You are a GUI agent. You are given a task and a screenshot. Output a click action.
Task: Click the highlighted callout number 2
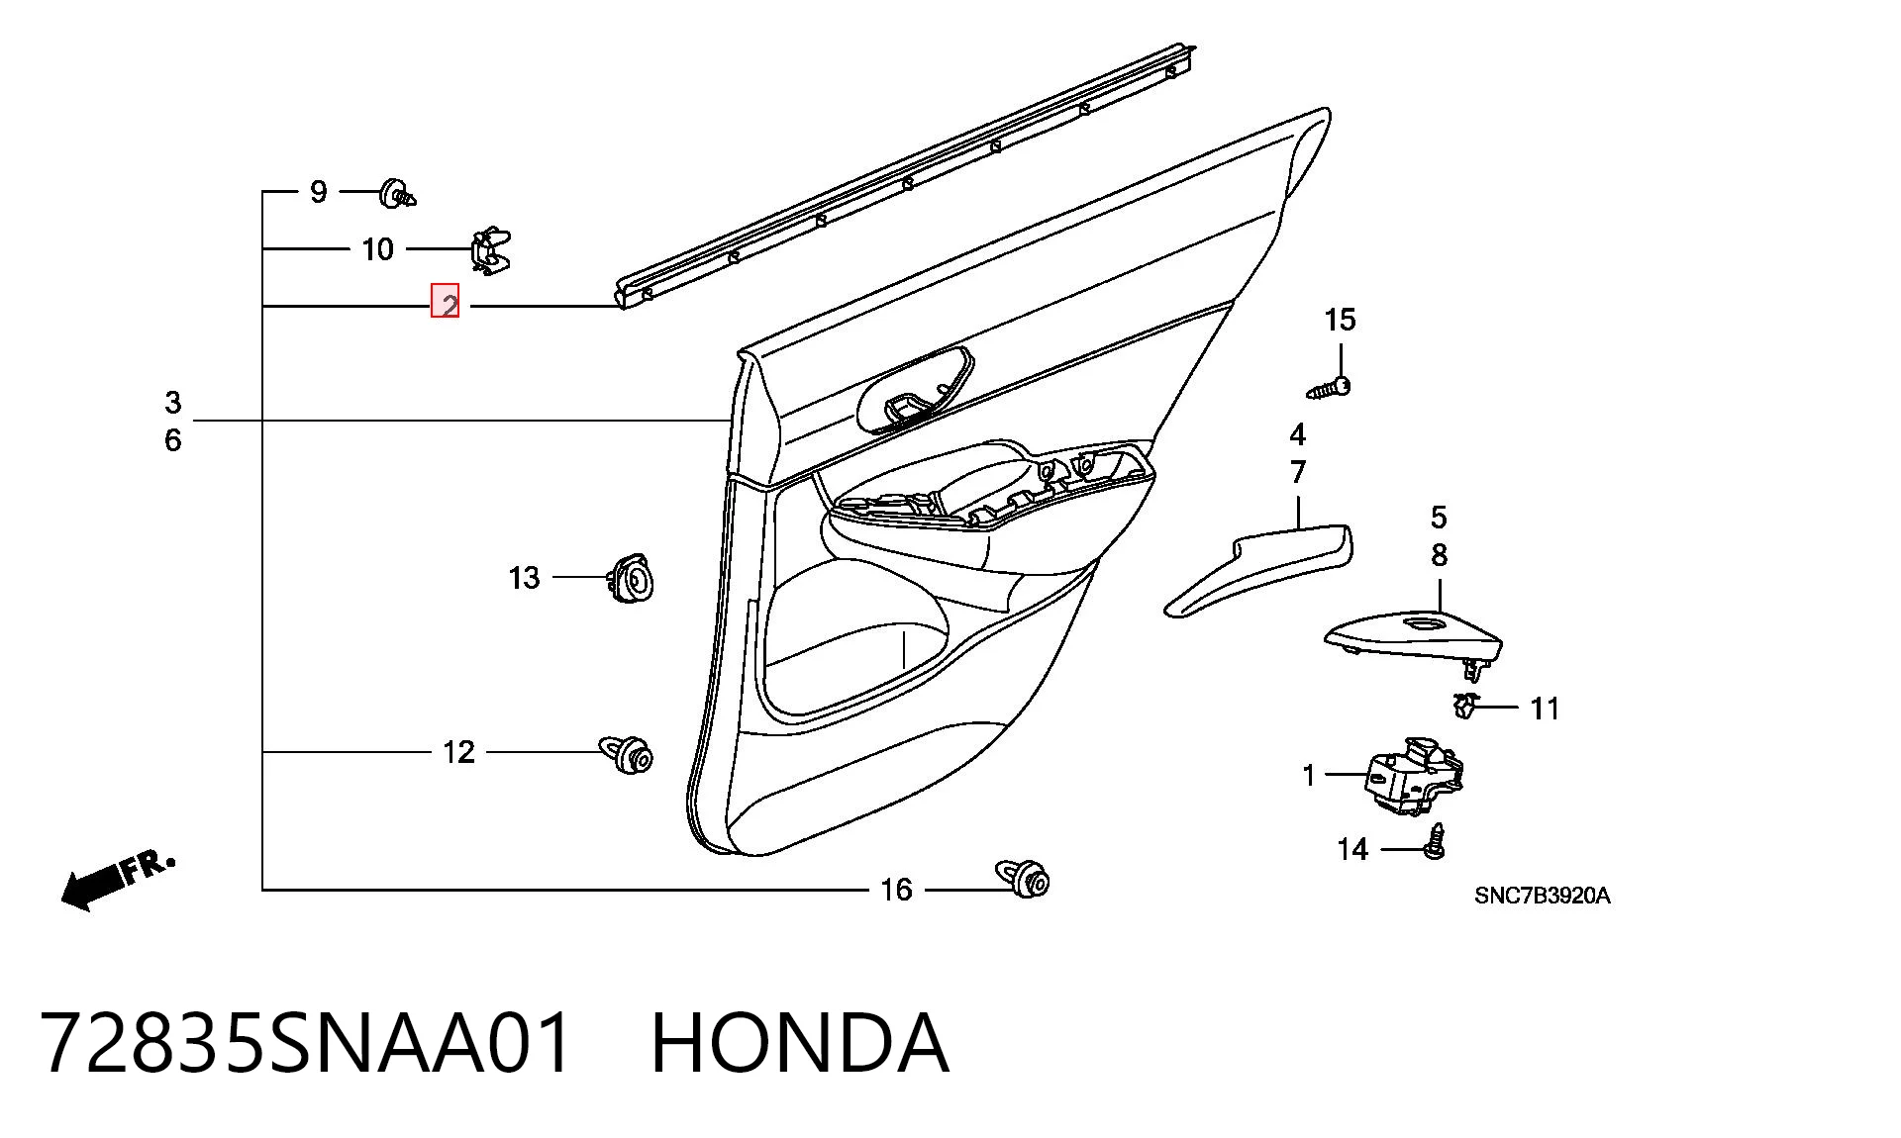(445, 302)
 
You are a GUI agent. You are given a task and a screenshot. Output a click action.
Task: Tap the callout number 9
(318, 191)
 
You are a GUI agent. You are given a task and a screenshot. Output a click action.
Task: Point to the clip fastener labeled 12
(627, 753)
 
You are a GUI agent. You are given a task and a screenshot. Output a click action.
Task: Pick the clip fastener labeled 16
(1023, 878)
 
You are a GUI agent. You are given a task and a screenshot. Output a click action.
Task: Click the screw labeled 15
(1330, 387)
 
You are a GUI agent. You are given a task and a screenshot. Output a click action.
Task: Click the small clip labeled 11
(1464, 706)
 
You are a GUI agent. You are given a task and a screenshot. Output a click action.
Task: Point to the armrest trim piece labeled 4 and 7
(1258, 569)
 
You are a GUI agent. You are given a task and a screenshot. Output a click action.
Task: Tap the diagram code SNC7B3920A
(1542, 897)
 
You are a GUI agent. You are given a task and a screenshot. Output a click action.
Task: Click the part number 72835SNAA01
(307, 1044)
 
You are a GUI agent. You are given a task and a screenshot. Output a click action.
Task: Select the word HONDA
(800, 1044)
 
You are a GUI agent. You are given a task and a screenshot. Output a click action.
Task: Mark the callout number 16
(896, 890)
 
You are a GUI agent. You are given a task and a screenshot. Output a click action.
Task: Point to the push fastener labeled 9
(397, 193)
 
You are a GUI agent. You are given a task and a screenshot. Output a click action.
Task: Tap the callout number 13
(524, 577)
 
